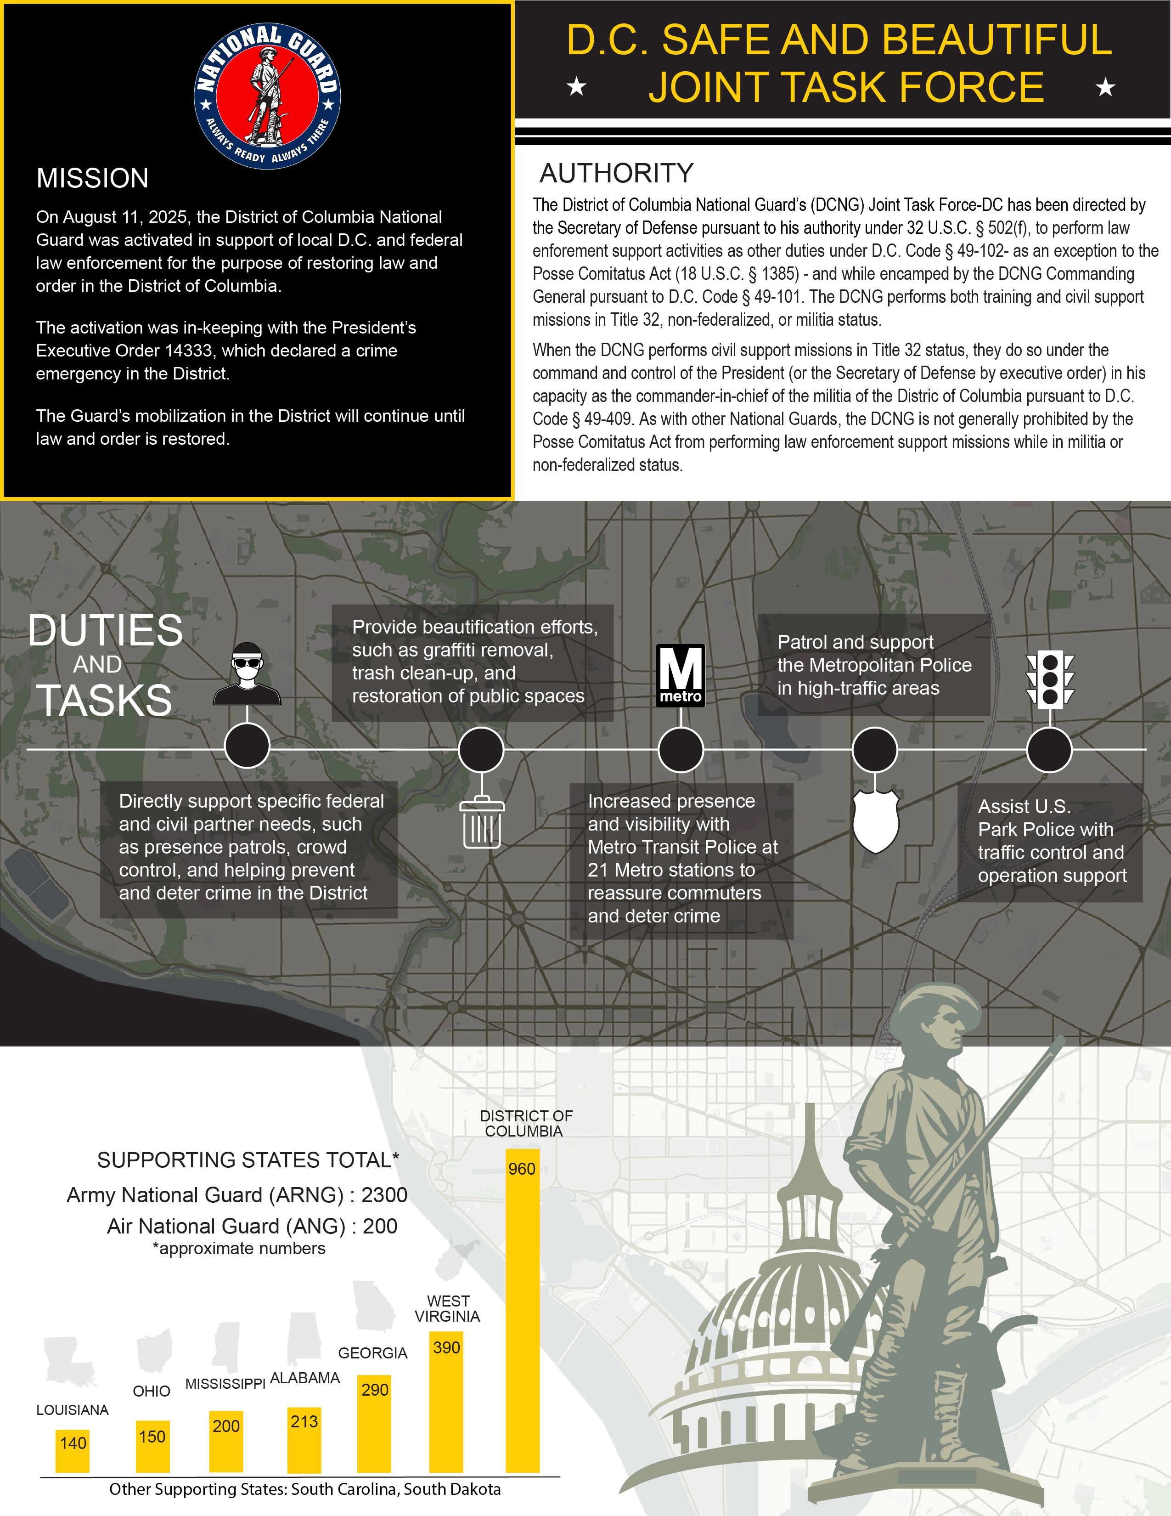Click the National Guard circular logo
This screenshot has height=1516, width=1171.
coord(267,96)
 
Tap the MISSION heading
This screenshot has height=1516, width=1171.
coord(92,178)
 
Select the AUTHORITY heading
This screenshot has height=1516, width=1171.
coord(616,173)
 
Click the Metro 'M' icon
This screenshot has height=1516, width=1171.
coord(681,675)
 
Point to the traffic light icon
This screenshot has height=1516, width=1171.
coord(1050,679)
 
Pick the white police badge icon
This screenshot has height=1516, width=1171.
coord(875,820)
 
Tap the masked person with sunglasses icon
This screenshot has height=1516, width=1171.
coord(247,673)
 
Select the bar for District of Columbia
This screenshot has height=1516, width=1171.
coord(523,1319)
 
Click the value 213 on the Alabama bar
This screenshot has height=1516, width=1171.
coord(304,1422)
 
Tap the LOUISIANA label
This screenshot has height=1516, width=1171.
coord(72,1410)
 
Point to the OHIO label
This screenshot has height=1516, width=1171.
coord(151,1391)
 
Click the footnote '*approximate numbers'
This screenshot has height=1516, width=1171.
coord(239,1248)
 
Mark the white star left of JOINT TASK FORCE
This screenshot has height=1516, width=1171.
coord(576,87)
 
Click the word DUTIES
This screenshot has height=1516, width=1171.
coord(106,630)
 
